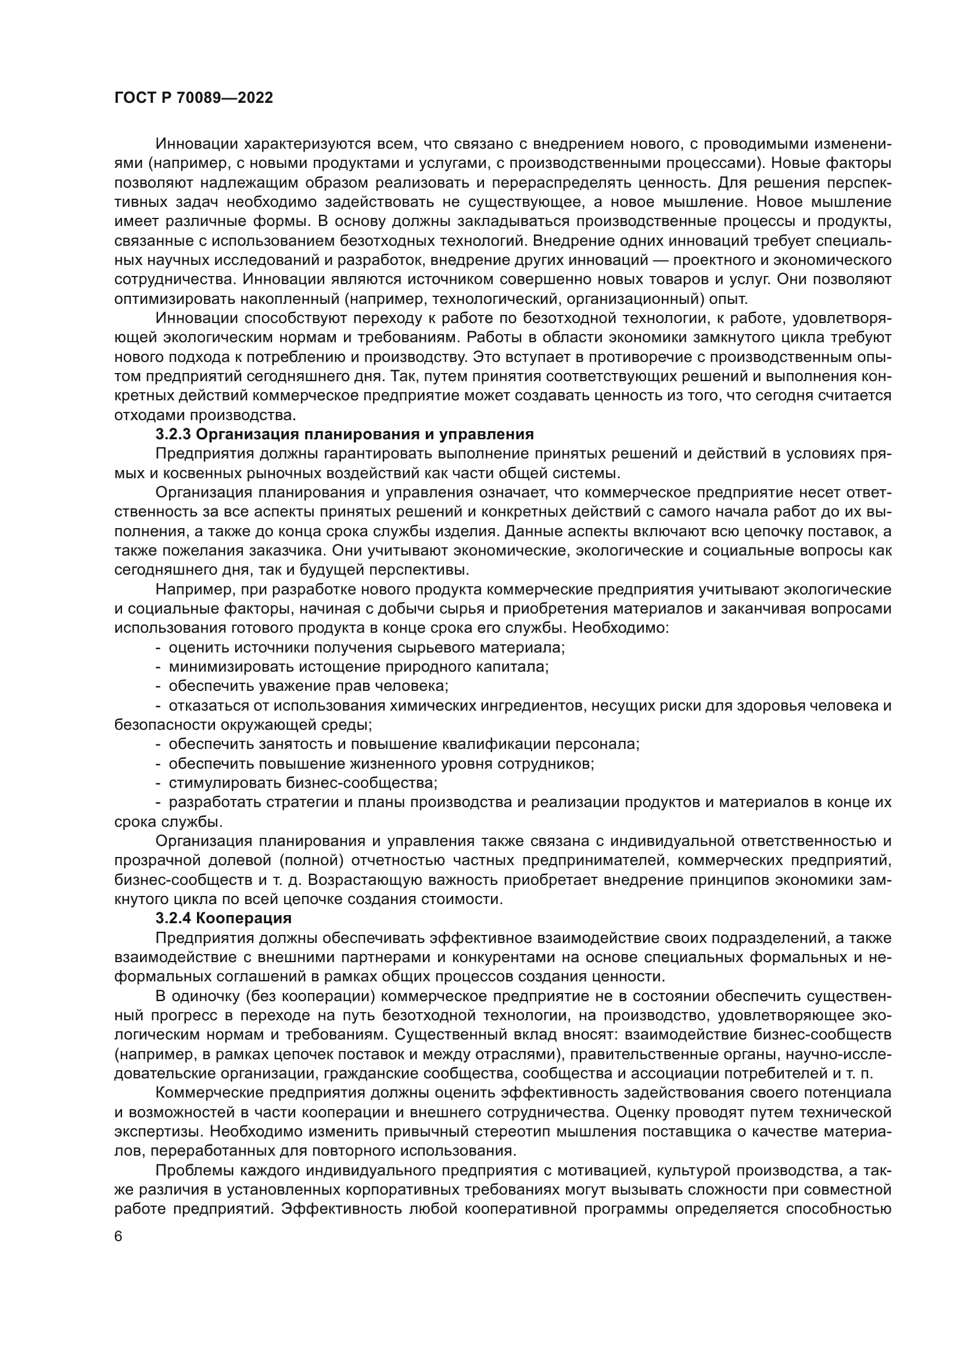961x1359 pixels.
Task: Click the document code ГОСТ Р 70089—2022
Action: coord(193,98)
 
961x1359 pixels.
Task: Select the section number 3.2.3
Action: coord(173,434)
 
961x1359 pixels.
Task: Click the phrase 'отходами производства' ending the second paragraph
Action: coord(204,415)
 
